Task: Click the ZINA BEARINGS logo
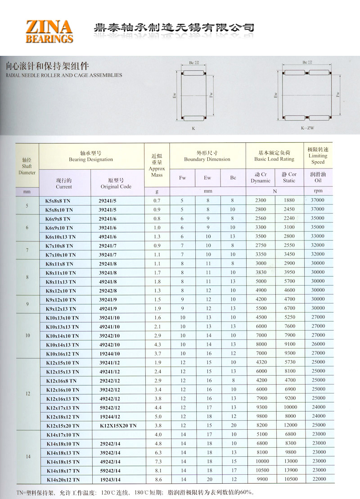49,31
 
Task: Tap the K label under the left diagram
193,128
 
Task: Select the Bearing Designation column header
90,156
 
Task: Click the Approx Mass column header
157,165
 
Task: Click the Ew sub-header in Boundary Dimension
207,178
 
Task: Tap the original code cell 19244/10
108,354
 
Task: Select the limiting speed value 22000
318,479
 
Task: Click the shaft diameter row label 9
27,304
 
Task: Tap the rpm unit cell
318,191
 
